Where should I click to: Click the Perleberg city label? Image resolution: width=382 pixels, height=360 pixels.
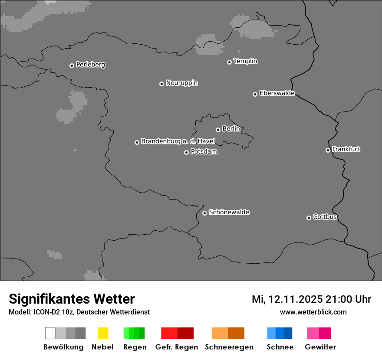[x=90, y=65]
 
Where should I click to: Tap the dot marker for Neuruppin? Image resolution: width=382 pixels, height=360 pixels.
[x=161, y=84]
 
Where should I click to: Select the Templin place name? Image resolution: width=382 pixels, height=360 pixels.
[x=245, y=61]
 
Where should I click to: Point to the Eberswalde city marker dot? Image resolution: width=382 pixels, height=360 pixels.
[x=255, y=94]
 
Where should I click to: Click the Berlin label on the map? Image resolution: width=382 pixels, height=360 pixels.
[x=231, y=129]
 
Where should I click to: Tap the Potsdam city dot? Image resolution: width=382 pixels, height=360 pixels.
[x=186, y=152]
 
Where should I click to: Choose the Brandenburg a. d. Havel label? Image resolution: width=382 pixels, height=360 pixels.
[x=178, y=141]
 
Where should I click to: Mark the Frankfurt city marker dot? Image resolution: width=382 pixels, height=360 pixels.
[x=328, y=151]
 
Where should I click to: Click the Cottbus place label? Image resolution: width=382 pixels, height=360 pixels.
[x=325, y=217]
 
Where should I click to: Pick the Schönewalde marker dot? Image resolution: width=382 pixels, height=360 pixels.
[x=204, y=213]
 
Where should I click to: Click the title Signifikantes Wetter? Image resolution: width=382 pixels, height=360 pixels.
[x=72, y=299]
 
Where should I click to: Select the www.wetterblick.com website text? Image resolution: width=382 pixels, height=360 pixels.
[x=313, y=312]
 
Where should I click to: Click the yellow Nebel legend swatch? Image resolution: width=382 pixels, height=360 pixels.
[x=103, y=333]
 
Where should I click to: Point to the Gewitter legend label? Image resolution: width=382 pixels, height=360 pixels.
[x=320, y=347]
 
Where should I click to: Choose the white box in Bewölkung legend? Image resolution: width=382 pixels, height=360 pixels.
[x=50, y=333]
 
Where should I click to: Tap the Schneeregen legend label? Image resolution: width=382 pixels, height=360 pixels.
[x=229, y=347]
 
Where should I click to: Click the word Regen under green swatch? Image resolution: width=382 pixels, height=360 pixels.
[x=135, y=347]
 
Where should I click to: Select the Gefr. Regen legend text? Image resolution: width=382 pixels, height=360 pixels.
[x=176, y=347]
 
